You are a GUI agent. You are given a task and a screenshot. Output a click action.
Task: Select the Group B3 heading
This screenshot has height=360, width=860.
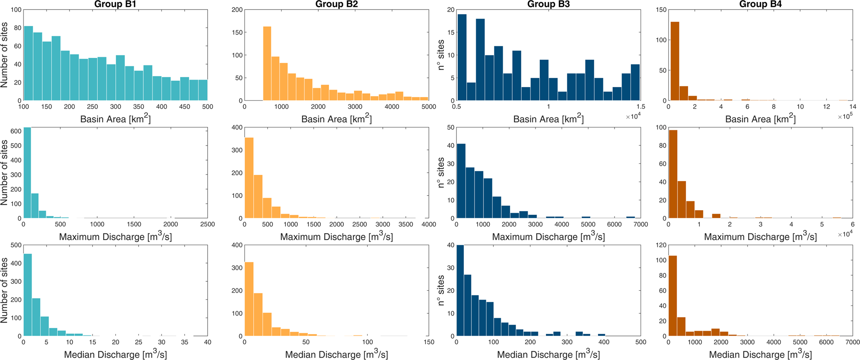548,5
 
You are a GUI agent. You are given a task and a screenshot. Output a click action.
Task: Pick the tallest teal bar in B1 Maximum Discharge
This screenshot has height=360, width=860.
27,173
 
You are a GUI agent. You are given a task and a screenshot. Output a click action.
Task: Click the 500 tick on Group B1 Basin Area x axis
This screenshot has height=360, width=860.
207,107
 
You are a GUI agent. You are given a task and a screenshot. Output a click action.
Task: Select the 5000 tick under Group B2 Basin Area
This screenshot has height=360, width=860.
428,107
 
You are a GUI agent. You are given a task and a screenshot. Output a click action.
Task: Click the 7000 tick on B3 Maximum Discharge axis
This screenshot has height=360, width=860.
641,225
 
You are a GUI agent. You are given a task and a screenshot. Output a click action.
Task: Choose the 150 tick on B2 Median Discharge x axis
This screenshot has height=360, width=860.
429,342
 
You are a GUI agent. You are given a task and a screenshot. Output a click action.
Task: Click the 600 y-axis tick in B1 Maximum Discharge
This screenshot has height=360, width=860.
15,131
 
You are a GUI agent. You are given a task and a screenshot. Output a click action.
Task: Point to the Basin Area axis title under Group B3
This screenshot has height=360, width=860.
548,119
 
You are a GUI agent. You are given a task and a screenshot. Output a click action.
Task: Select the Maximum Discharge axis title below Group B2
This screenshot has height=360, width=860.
336,237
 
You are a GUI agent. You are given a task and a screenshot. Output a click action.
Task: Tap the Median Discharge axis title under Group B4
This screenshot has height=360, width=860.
760,355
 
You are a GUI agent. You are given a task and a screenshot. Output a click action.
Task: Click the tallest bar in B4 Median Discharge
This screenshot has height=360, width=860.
672,296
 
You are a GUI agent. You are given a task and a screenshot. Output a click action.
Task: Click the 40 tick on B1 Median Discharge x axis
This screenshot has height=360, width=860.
207,342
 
